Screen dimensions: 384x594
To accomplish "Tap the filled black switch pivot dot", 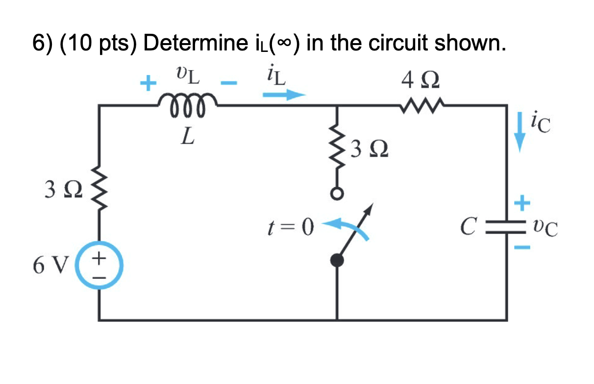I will pyautogui.click(x=337, y=261).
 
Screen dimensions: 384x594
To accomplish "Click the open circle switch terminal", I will pyautogui.click(x=337, y=194).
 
